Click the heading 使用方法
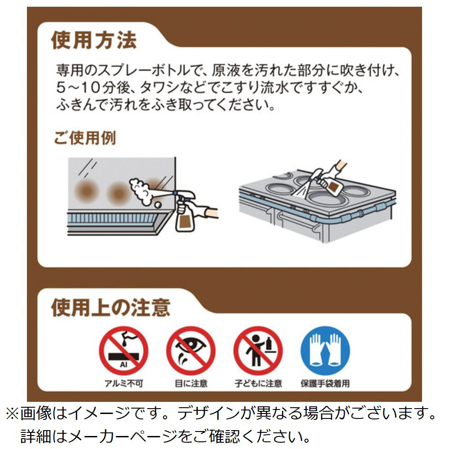tap(94, 40)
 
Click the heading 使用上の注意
tap(111, 308)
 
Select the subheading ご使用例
tap(85, 138)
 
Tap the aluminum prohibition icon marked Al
tap(123, 351)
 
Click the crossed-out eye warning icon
tap(191, 351)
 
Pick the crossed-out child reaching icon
tap(258, 351)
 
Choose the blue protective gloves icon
tap(325, 351)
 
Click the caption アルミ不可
tap(123, 383)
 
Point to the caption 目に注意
tap(191, 383)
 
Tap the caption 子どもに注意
tap(258, 383)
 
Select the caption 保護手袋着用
tap(325, 383)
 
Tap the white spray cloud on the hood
tap(140, 191)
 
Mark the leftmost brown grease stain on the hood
tap(87, 191)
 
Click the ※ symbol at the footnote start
tap(12, 414)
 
